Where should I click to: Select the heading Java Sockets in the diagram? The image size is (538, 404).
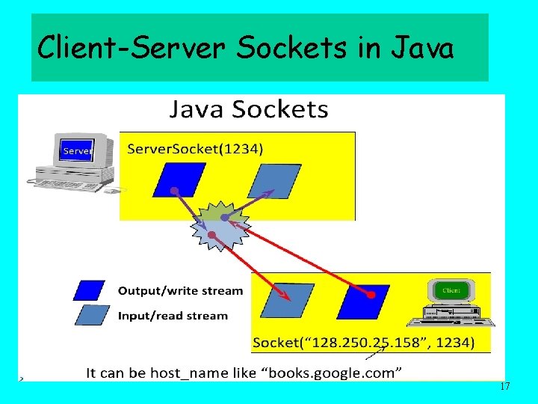[x=248, y=110]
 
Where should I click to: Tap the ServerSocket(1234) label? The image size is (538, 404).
[x=195, y=148]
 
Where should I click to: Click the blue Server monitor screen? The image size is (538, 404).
[x=77, y=150]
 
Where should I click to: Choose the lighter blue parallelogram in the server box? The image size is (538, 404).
[x=265, y=180]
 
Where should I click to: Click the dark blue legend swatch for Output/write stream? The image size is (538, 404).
[x=90, y=290]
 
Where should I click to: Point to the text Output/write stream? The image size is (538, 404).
[x=180, y=290]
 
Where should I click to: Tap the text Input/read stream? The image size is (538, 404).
[x=173, y=316]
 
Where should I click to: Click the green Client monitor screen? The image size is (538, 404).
[x=451, y=290]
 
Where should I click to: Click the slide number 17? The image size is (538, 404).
[x=504, y=387]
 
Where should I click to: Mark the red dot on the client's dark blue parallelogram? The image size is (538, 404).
[x=371, y=294]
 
